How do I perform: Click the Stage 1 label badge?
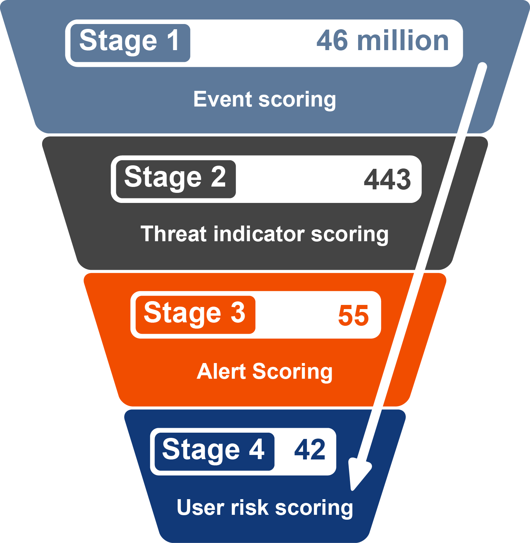[130, 43]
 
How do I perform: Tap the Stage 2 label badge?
[175, 179]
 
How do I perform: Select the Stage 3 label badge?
[195, 315]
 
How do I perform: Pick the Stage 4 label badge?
[214, 451]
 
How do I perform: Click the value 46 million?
[382, 41]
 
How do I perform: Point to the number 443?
[387, 179]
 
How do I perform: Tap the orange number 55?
[353, 315]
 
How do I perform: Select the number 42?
[310, 450]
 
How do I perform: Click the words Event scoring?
[264, 100]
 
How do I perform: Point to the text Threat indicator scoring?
[264, 234]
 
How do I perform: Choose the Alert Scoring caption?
[264, 371]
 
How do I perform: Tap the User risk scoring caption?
[264, 507]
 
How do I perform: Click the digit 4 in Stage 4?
[257, 449]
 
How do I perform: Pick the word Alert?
[221, 371]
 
